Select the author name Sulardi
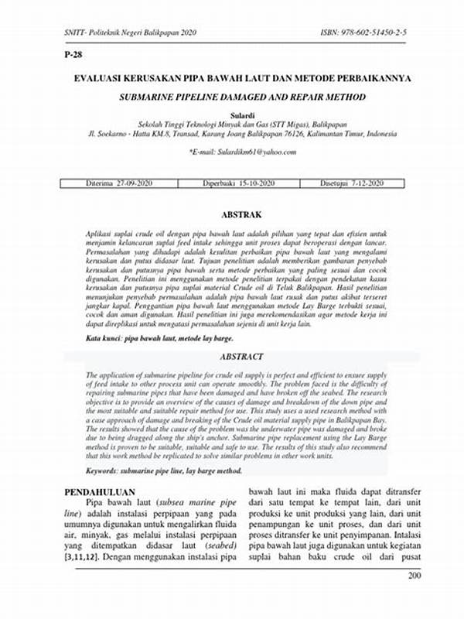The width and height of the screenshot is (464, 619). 231,113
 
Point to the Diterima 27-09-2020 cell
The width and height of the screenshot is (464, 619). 120,183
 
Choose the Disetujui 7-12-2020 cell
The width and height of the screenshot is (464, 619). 352,183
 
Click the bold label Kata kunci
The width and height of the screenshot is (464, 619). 107,339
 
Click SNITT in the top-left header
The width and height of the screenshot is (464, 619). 76,34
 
